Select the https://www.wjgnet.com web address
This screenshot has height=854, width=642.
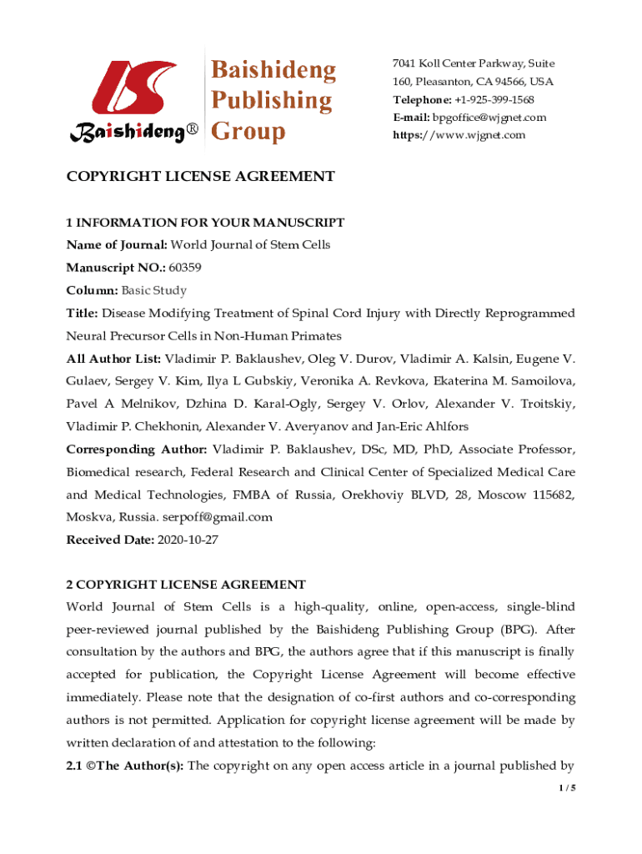pyautogui.click(x=459, y=134)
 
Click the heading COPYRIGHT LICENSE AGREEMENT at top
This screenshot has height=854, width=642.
pyautogui.click(x=200, y=176)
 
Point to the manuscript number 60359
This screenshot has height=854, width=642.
pyautogui.click(x=184, y=268)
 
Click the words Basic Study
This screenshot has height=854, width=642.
pyautogui.click(x=153, y=290)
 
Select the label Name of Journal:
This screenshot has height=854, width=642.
pyautogui.click(x=117, y=244)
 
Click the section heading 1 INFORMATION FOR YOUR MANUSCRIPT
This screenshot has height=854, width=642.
pyautogui.click(x=205, y=223)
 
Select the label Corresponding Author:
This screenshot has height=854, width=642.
pyautogui.click(x=137, y=450)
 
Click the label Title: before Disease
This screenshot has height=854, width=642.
pyautogui.click(x=83, y=314)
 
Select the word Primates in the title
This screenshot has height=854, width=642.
pyautogui.click(x=315, y=336)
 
